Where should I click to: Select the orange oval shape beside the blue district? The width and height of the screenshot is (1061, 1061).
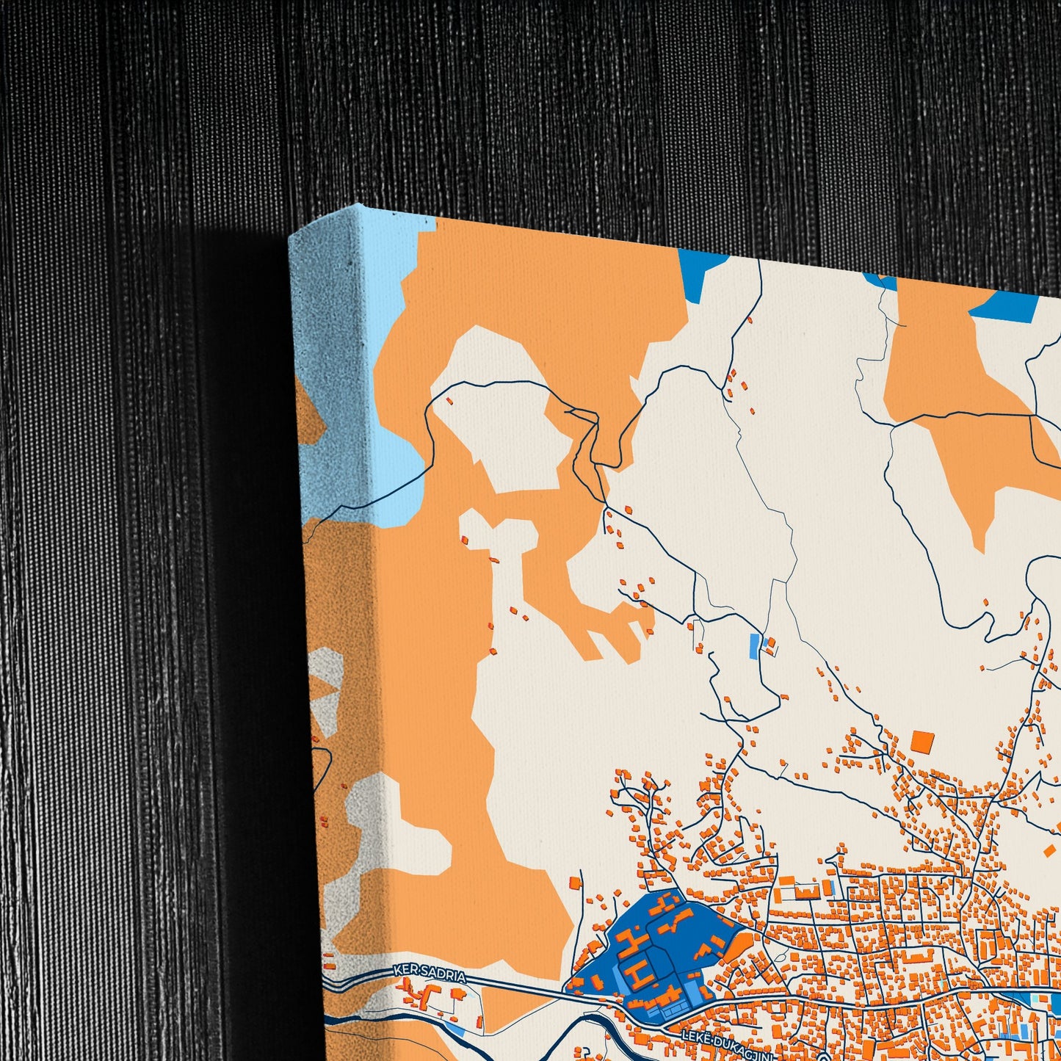(x=737, y=947)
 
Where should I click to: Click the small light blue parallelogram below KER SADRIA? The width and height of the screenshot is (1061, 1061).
(x=456, y=1027)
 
